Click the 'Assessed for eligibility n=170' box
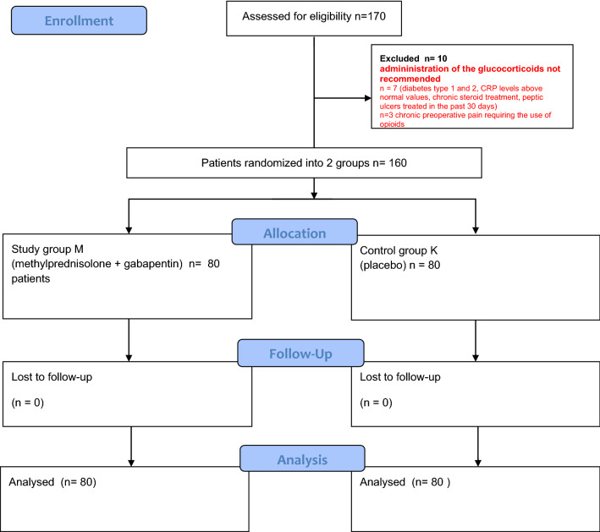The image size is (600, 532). [x=314, y=18]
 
